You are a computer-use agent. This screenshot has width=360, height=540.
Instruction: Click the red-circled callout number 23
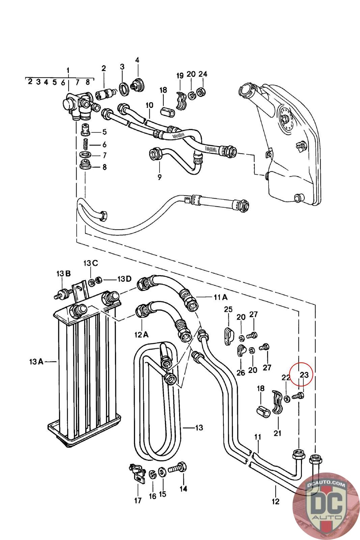click(304, 375)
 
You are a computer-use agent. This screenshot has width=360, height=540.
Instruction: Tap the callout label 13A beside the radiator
click(36, 361)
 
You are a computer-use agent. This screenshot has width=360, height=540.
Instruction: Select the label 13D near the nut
click(124, 279)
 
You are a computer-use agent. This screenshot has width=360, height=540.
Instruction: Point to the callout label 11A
click(220, 297)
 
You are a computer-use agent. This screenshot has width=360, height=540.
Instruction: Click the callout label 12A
click(141, 334)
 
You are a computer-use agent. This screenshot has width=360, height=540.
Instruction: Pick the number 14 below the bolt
click(183, 489)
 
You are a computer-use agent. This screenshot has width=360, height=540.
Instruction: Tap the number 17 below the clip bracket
click(138, 501)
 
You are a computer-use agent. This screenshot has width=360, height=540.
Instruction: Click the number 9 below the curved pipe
click(160, 177)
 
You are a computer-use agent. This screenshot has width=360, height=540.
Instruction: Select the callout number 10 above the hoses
click(149, 105)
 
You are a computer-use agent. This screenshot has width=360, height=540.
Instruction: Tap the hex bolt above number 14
click(177, 469)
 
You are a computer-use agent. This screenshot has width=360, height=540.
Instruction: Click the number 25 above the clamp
click(228, 309)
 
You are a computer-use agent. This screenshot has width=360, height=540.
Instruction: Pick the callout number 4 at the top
click(137, 60)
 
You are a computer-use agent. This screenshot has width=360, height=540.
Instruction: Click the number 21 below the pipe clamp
click(277, 433)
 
